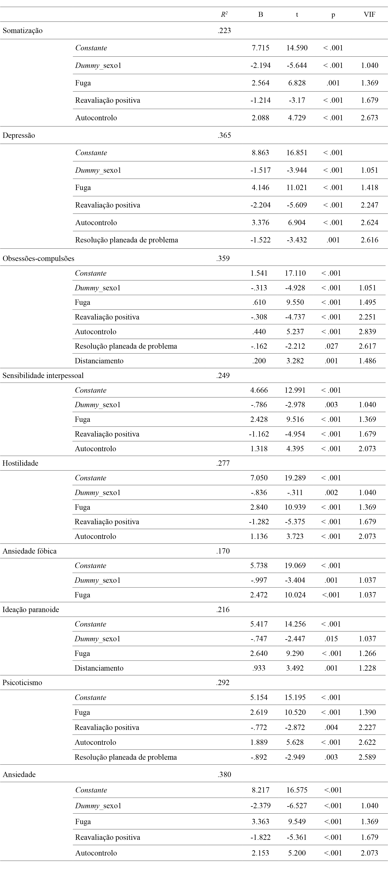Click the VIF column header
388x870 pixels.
click(369, 14)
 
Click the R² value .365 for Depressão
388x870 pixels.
click(224, 135)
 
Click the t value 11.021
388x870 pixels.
click(297, 187)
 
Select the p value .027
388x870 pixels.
click(331, 346)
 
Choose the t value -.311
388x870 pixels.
click(295, 492)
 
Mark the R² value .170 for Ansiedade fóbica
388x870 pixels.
click(223, 551)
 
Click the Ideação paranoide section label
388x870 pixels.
click(31, 610)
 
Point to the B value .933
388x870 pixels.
click(259, 668)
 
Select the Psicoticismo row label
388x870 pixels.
click(22, 683)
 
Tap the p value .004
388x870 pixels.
click(331, 727)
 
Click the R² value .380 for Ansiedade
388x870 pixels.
click(224, 774)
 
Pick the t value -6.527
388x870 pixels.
click(297, 806)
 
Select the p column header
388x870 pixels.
click(333, 14)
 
